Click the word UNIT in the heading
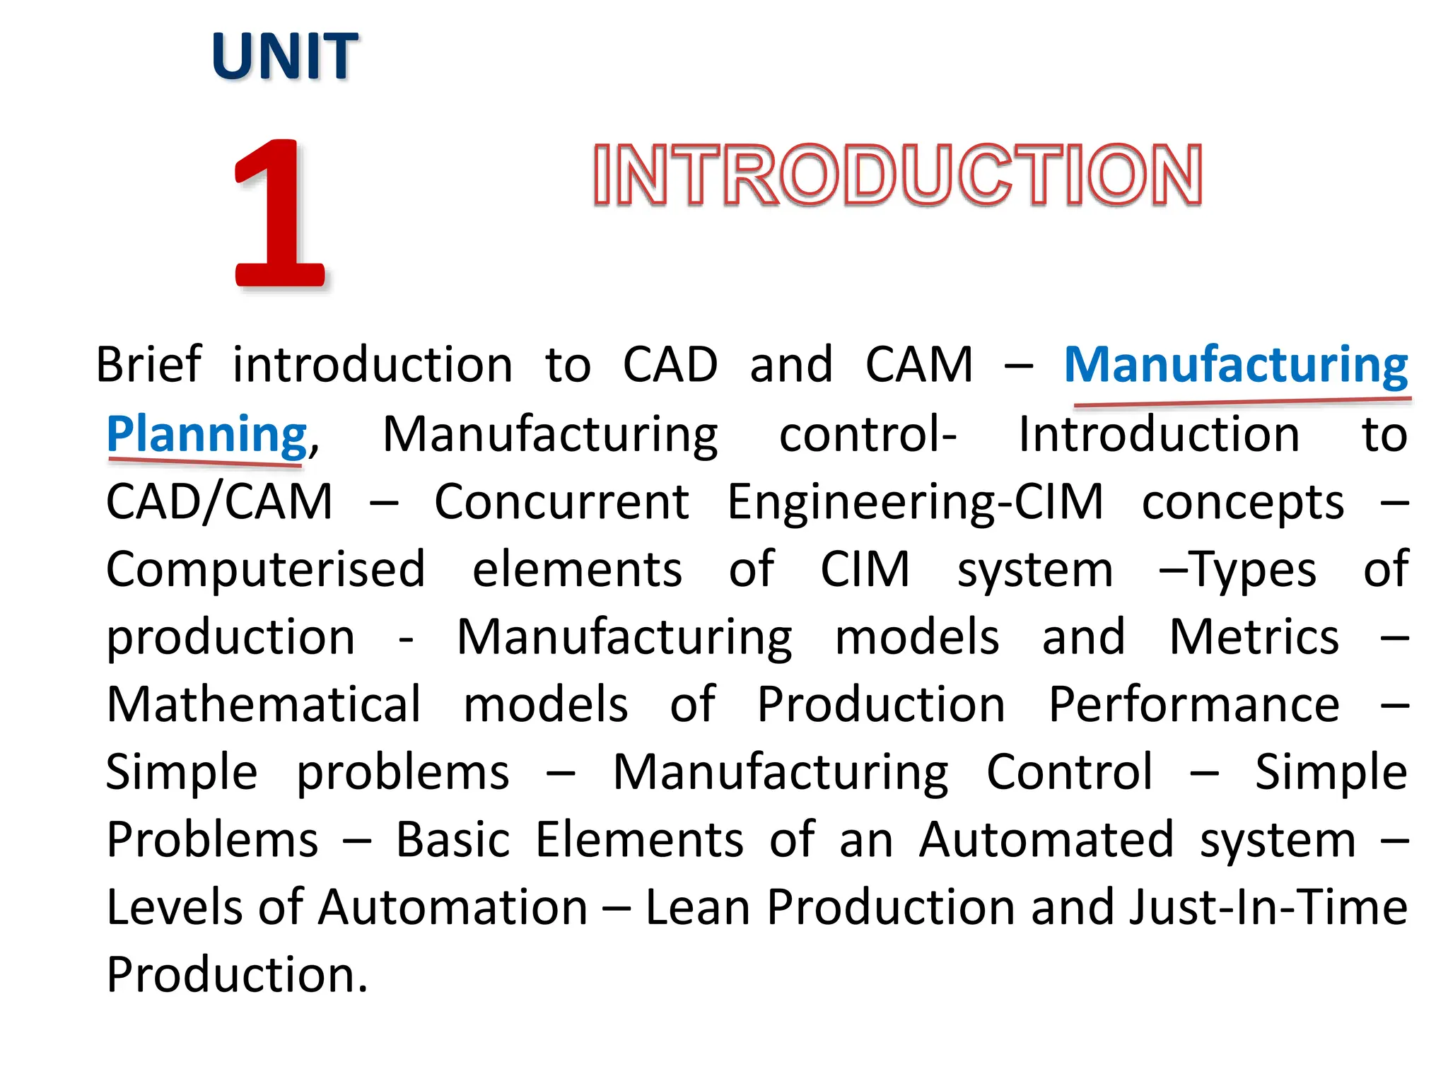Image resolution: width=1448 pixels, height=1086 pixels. coord(284,56)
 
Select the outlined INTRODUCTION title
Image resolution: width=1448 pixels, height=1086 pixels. coord(897,175)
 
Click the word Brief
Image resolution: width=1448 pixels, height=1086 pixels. coord(148,365)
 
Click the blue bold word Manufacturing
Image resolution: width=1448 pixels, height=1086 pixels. coord(1236,365)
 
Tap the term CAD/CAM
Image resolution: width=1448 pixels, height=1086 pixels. coord(219,501)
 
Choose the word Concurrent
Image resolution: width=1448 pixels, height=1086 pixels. coord(561,501)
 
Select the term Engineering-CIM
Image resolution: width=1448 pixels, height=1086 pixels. coord(915,501)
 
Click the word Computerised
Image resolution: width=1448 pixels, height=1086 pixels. coord(265,569)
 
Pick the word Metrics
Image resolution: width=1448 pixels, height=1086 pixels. coord(1254,636)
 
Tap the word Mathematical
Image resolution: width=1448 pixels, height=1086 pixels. coord(264,704)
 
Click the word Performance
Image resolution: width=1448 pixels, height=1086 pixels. coord(1193,704)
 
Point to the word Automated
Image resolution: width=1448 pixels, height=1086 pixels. coord(1046,839)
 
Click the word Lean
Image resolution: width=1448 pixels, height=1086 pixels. coord(697,907)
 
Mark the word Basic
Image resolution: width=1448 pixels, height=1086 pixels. coord(452,839)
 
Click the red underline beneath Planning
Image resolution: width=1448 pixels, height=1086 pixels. coord(205,462)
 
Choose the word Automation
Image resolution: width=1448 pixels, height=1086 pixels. coord(452,907)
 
